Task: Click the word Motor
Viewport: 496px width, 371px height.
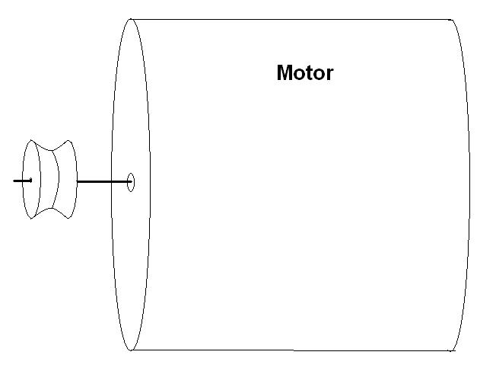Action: point(304,73)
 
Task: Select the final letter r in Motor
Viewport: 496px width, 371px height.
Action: point(329,75)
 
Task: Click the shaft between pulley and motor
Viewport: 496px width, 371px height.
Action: point(103,181)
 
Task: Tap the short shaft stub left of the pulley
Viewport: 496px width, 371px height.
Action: point(22,181)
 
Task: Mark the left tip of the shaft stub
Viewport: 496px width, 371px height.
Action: point(14,181)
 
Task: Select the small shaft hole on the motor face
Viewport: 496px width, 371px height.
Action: point(131,182)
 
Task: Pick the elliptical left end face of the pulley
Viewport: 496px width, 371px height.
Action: point(30,180)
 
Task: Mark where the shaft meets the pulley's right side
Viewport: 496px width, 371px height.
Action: point(77,181)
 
